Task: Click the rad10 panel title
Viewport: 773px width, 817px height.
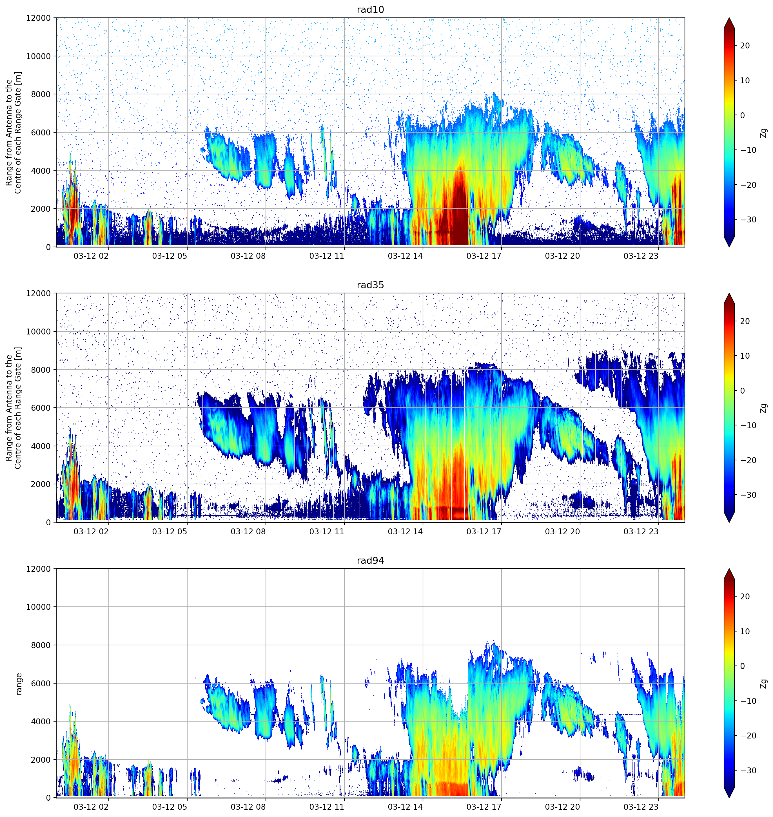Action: [x=370, y=10]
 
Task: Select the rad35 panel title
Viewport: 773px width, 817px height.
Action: [x=370, y=285]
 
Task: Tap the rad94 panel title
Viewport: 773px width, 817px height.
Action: [x=370, y=561]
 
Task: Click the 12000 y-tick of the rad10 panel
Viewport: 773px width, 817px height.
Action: [x=38, y=18]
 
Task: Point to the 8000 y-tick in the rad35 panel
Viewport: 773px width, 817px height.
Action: [x=41, y=370]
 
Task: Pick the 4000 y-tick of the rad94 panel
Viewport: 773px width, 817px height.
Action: [x=41, y=721]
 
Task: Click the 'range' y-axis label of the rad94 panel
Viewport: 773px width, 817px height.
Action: [x=19, y=684]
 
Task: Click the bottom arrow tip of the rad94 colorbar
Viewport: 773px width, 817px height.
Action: [x=729, y=798]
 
